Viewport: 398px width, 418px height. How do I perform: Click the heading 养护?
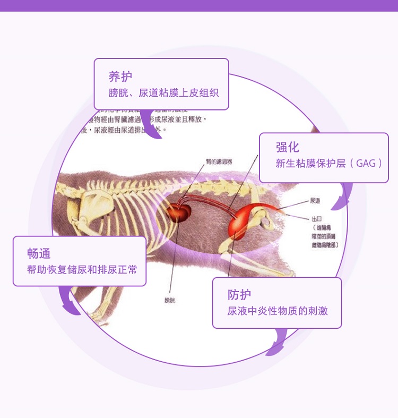pyautogui.click(x=120, y=76)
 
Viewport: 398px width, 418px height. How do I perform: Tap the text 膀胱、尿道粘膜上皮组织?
pyautogui.click(x=163, y=92)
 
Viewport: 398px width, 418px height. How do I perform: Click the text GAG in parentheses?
pyautogui.click(x=366, y=164)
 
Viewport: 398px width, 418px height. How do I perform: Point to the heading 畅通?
pyautogui.click(x=39, y=253)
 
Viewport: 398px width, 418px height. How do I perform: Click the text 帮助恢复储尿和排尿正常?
pyautogui.click(x=82, y=270)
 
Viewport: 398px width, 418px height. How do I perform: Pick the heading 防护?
pyautogui.click(x=239, y=295)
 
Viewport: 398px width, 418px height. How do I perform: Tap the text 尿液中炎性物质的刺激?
pyautogui.click(x=278, y=311)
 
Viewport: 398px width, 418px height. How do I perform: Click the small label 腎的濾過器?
pyautogui.click(x=219, y=161)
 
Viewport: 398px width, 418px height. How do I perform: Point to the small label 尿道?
pyautogui.click(x=315, y=201)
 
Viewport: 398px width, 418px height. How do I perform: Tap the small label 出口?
pyautogui.click(x=317, y=218)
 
